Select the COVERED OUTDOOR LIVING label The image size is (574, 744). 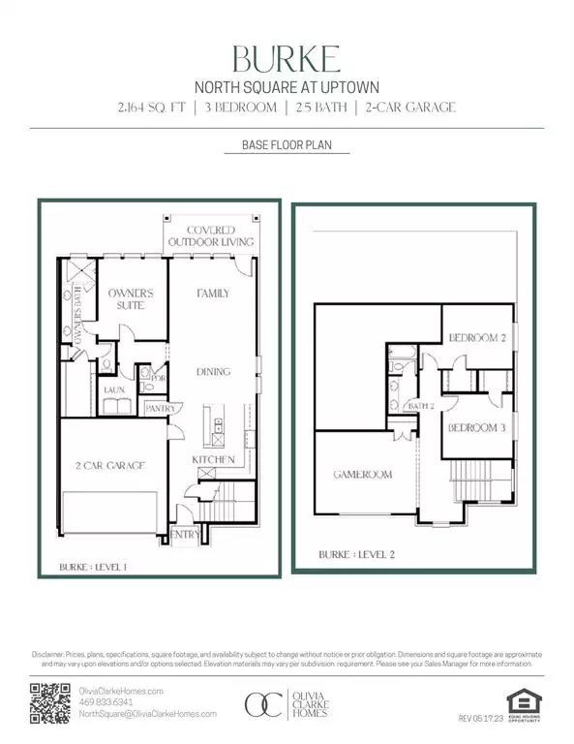(210, 235)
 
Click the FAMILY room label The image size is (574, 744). (212, 292)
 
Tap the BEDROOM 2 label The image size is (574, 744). (476, 337)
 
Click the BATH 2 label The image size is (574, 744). (420, 405)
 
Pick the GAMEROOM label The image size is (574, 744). (363, 476)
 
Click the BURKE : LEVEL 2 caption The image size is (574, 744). (357, 555)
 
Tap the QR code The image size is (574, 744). (51, 702)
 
